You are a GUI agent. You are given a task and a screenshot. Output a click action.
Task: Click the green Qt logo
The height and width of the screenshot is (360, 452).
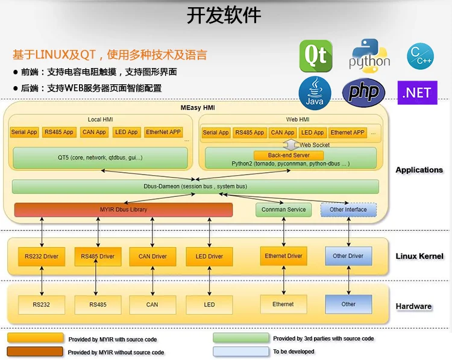(316, 56)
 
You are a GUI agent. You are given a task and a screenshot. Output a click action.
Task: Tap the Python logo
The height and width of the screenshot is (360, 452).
(369, 55)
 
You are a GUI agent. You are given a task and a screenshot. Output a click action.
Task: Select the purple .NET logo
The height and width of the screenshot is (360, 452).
(418, 93)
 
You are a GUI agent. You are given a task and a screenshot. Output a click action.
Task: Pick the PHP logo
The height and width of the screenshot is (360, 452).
(363, 92)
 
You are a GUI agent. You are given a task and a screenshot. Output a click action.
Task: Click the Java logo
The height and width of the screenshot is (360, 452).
(315, 93)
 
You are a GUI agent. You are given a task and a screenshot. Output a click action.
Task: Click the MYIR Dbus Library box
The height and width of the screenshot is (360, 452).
(124, 209)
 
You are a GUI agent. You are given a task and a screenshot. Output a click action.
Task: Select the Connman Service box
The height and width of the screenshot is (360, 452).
(284, 209)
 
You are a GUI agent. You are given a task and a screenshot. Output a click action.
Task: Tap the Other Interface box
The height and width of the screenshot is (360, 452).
(348, 209)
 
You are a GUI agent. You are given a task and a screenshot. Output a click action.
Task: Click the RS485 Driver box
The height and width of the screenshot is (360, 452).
(98, 256)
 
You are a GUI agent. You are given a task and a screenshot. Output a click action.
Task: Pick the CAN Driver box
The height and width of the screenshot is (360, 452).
(152, 256)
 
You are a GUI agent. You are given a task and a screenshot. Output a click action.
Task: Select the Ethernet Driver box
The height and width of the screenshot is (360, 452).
(283, 256)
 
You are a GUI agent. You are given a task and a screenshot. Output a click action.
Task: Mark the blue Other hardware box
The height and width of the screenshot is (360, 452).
(348, 304)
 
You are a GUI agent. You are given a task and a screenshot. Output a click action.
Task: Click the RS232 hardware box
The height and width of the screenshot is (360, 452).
(42, 305)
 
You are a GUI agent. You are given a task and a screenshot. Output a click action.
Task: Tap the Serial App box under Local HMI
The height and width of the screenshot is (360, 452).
(24, 132)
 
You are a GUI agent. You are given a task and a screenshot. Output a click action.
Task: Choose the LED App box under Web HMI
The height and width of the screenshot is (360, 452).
(312, 132)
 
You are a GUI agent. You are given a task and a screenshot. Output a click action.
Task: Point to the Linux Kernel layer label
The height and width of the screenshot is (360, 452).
(419, 256)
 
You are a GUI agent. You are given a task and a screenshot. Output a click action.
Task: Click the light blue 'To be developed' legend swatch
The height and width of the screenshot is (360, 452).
(240, 351)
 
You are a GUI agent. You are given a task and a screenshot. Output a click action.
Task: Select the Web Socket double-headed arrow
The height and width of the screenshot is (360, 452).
(291, 144)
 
